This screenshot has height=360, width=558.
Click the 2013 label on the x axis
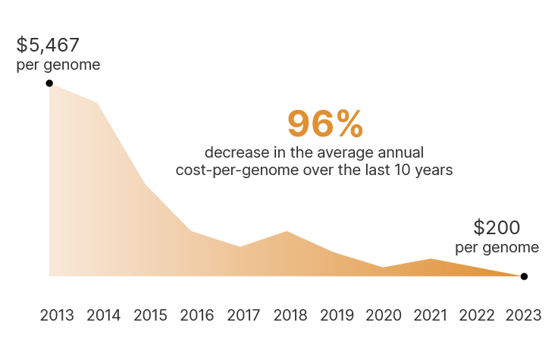[x=57, y=315]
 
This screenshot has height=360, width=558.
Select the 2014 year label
[x=104, y=315]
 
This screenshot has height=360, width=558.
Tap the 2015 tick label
[x=150, y=315]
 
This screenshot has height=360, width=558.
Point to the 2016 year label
[x=197, y=315]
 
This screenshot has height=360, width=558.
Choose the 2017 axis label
[x=243, y=315]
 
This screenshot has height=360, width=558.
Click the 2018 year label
[x=290, y=315]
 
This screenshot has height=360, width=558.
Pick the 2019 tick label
[x=337, y=315]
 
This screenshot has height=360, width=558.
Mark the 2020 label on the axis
[x=384, y=315]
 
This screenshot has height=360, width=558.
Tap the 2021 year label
[x=431, y=315]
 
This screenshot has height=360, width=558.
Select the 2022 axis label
[x=478, y=315]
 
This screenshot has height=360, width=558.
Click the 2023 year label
[x=524, y=315]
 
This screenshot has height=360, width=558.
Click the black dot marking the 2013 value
[x=49, y=83]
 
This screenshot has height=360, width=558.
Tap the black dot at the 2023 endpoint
[x=524, y=277]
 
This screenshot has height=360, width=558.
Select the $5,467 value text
[x=49, y=45]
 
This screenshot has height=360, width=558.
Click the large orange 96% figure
[x=325, y=124]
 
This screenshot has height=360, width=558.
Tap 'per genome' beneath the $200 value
[x=497, y=248]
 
